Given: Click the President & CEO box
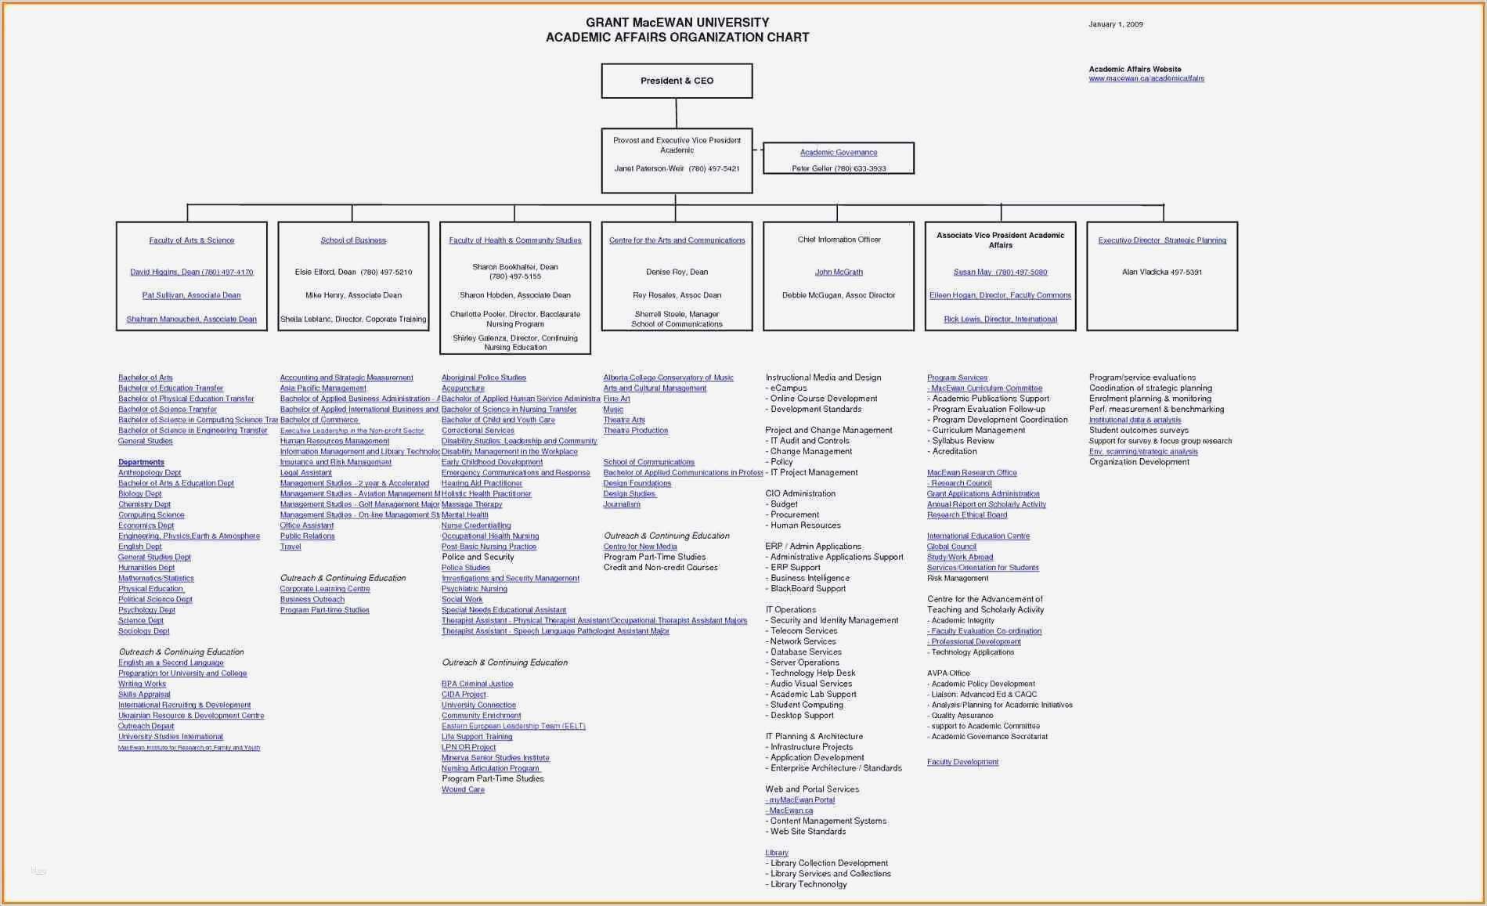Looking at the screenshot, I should pyautogui.click(x=677, y=81).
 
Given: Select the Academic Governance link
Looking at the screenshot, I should pyautogui.click(x=838, y=153).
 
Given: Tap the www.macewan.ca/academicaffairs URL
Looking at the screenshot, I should pyautogui.click(x=1146, y=78).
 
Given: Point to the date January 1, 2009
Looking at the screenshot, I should pyautogui.click(x=1115, y=24).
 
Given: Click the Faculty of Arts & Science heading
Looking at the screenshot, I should pyautogui.click(x=191, y=240).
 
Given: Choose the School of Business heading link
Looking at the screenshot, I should pyautogui.click(x=352, y=240).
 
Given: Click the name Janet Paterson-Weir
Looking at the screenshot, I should pyautogui.click(x=649, y=168).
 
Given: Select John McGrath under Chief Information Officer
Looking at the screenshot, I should pyautogui.click(x=838, y=273).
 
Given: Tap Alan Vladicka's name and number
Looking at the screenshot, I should pyautogui.click(x=1161, y=273).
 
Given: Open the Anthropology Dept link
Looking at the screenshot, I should pyautogui.click(x=150, y=473).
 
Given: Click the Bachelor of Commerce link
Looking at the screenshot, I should pyautogui.click(x=319, y=421).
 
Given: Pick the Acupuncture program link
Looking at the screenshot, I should pyautogui.click(x=463, y=388).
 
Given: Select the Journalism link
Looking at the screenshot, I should pyautogui.click(x=622, y=505).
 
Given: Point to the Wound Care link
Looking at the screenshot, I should pyautogui.click(x=463, y=790).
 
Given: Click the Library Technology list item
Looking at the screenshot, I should pyautogui.click(x=808, y=885).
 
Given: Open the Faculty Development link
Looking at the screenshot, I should pyautogui.click(x=962, y=762).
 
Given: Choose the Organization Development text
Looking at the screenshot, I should pyautogui.click(x=1139, y=462).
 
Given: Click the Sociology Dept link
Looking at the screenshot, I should pyautogui.click(x=143, y=631).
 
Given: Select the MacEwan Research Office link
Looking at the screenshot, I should pyautogui.click(x=972, y=473).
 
